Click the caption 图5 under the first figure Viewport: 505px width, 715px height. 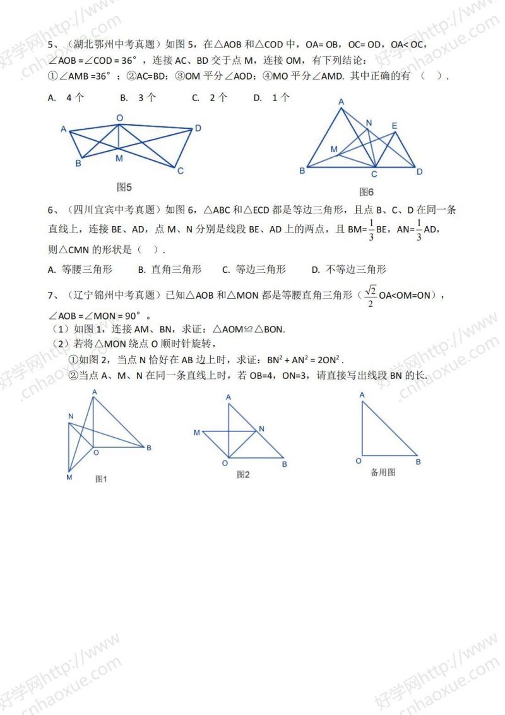pyautogui.click(x=124, y=186)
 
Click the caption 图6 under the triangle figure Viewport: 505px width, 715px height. pyautogui.click(x=367, y=191)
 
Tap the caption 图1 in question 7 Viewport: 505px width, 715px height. pyautogui.click(x=101, y=479)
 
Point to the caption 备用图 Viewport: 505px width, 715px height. pyautogui.click(x=383, y=472)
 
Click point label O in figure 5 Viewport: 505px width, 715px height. pyautogui.click(x=119, y=117)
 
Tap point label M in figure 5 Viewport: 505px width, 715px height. pyautogui.click(x=119, y=159)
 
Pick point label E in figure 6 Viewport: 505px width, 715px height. pyautogui.click(x=395, y=126)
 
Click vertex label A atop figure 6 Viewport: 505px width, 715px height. pyautogui.click(x=341, y=101)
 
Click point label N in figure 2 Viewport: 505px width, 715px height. pyautogui.click(x=262, y=429)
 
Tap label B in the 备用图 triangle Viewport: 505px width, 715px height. pyautogui.click(x=419, y=462)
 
